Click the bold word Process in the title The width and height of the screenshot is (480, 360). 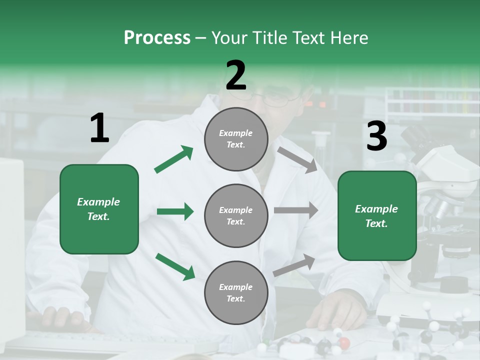pos(157,38)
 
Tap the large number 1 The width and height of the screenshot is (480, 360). pos(99,128)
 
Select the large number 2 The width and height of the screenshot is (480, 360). pos(236,76)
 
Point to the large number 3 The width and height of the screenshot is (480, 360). pos(376,137)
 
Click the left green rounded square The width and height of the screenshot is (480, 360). pos(99,209)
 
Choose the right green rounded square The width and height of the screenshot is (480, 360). pos(377,216)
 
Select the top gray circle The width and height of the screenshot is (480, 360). pos(236,139)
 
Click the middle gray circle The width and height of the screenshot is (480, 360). pos(236,216)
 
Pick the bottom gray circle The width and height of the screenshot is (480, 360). pos(236,293)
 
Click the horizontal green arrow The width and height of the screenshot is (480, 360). pos(175,211)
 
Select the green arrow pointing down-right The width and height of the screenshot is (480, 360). pos(175,266)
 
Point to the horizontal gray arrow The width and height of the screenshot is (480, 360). pos(296,210)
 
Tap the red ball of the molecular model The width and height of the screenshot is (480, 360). pos(344,343)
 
